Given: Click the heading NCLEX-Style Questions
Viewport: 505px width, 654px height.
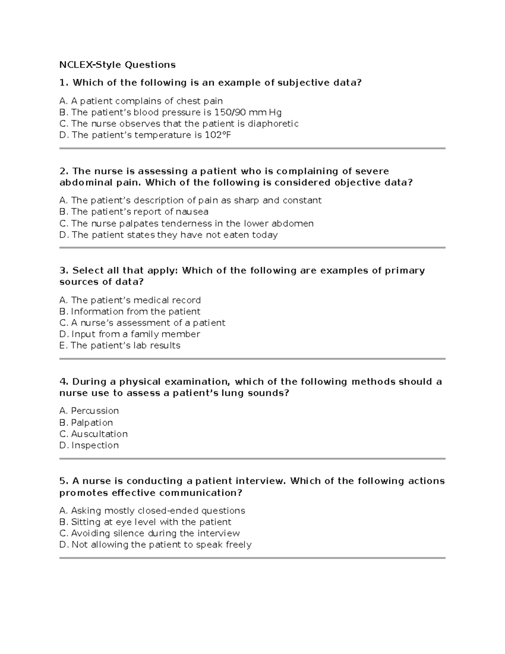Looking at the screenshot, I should click(117, 65).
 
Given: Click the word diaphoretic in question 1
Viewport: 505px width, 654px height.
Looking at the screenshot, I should click(273, 124).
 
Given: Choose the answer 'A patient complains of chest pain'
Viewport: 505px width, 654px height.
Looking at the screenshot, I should click(141, 101).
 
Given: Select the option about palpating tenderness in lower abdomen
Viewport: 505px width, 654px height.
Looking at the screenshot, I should click(187, 224).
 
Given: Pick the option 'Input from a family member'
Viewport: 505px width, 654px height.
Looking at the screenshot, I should click(130, 334).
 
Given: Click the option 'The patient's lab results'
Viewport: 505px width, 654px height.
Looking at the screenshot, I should click(120, 346).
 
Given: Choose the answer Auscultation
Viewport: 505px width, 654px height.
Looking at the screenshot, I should click(94, 434).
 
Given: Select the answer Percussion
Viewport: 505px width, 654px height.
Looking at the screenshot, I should click(89, 411).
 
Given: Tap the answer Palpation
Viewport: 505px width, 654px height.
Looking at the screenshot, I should click(86, 423).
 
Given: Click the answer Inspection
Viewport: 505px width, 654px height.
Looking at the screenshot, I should click(89, 446).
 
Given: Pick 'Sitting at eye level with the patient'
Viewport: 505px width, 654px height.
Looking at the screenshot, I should click(146, 522).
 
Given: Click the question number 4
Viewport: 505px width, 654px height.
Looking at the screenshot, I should click(64, 382).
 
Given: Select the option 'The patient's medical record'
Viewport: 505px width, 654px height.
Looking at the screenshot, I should click(130, 300).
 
